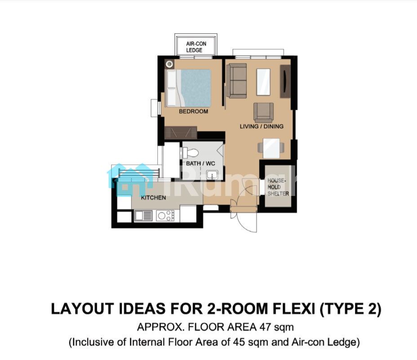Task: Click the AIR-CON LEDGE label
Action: [196, 47]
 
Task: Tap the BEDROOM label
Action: [193, 111]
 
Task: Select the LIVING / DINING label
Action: [262, 126]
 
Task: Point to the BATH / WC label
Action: [200, 163]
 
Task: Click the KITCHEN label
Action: [153, 198]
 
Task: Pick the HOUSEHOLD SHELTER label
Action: [278, 187]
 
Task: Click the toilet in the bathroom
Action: [191, 153]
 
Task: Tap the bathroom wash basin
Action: [212, 175]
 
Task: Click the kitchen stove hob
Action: [165, 216]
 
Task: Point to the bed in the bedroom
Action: [189, 88]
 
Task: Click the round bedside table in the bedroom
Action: [169, 64]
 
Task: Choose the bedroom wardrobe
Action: [181, 133]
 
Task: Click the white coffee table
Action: [263, 82]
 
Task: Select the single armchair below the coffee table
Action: [264, 112]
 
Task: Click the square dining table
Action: [271, 148]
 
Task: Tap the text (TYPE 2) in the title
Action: [350, 309]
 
